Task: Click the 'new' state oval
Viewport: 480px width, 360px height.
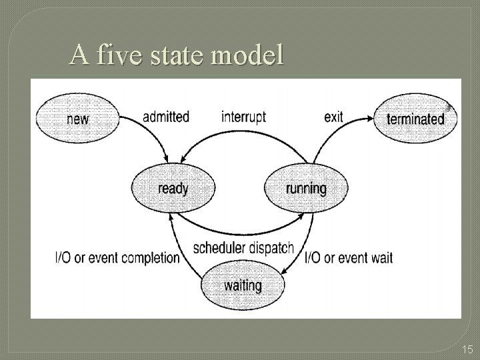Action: tap(78, 119)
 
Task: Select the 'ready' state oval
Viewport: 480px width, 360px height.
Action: tap(173, 189)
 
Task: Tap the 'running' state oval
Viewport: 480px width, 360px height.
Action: tap(306, 189)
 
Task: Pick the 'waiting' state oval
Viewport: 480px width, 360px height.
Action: tap(243, 285)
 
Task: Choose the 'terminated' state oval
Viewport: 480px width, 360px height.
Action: tap(415, 119)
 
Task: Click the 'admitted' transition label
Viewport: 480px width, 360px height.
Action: tap(165, 117)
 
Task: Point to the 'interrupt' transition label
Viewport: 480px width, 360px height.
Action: tap(243, 117)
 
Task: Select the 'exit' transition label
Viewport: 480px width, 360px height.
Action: tap(333, 117)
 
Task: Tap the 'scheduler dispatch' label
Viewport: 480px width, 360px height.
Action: tap(243, 248)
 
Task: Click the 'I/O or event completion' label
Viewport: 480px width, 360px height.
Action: tap(117, 258)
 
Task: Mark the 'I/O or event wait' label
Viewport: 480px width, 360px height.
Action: tap(349, 258)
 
